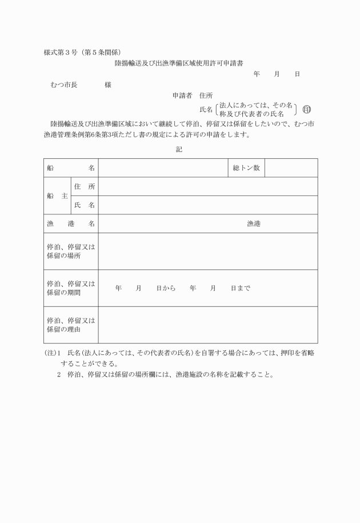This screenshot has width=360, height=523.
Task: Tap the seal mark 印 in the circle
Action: pyautogui.click(x=307, y=110)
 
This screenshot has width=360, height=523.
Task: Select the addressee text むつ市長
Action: pyautogui.click(x=64, y=85)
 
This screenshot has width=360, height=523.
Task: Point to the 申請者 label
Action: pyautogui.click(x=183, y=95)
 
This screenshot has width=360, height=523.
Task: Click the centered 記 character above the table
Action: pyautogui.click(x=179, y=149)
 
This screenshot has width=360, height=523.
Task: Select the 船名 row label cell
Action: pyautogui.click(x=70, y=168)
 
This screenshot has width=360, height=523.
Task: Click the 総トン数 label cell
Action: pyautogui.click(x=246, y=168)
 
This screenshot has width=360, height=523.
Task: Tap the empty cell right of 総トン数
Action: pyautogui.click(x=291, y=168)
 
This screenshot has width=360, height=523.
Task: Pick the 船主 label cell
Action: pyautogui.click(x=57, y=195)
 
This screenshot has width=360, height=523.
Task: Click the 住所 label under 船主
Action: pyautogui.click(x=84, y=186)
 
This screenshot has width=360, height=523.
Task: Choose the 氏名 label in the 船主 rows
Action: pyautogui.click(x=84, y=205)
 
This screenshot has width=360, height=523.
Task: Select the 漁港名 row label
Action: pyautogui.click(x=70, y=223)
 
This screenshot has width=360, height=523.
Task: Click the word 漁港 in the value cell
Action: pyautogui.click(x=254, y=223)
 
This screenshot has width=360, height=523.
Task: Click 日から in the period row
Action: pyautogui.click(x=166, y=288)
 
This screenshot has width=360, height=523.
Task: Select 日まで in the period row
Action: pyautogui.click(x=240, y=288)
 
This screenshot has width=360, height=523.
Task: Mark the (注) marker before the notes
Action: pyautogui.click(x=50, y=353)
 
